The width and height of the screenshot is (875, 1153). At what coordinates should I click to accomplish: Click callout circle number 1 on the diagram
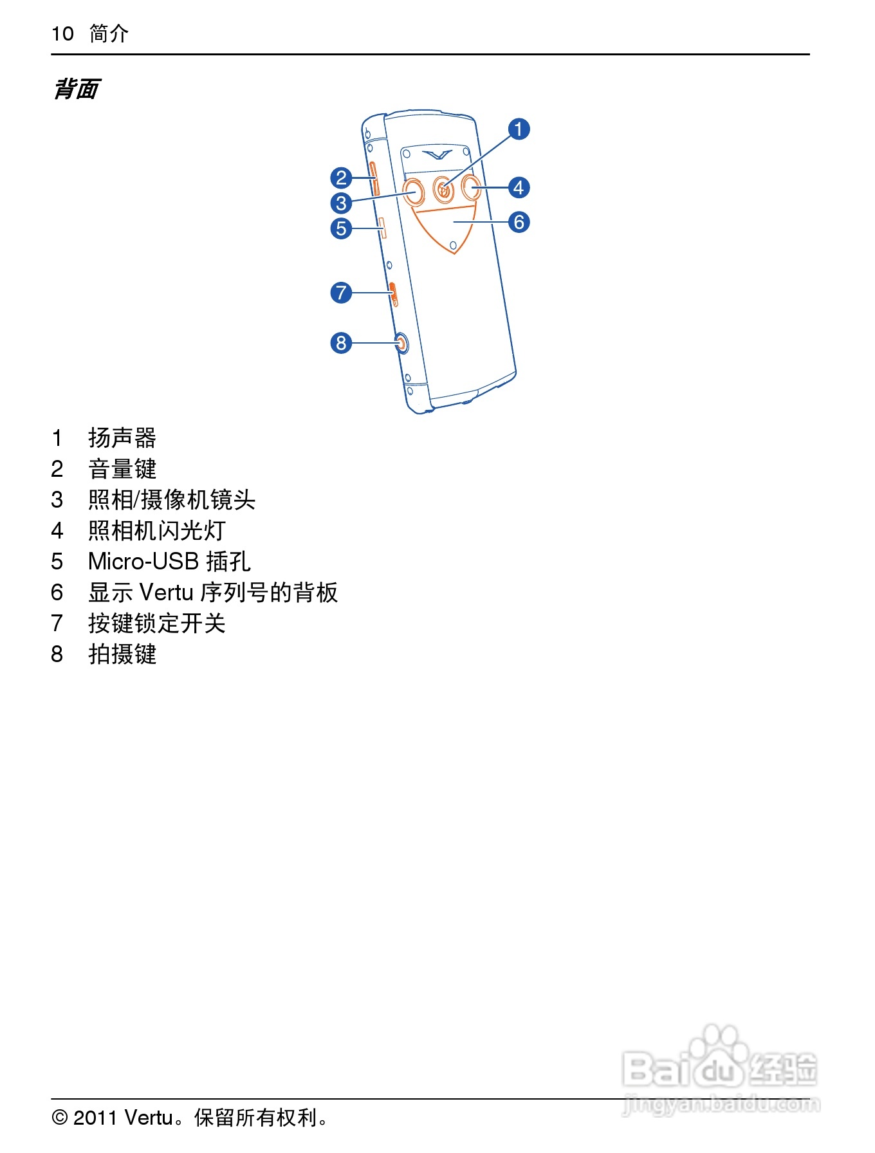coord(519,129)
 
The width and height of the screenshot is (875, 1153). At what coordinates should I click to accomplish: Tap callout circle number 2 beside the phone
coord(341,178)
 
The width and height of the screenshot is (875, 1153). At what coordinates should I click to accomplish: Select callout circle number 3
coord(341,203)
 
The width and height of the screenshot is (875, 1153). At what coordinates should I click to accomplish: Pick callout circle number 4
coord(519,188)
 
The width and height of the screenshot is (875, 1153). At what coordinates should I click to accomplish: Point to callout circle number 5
coord(341,228)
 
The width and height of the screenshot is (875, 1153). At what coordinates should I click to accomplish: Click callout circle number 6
coord(519,222)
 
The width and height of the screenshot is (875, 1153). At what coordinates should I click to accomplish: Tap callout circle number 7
coord(341,293)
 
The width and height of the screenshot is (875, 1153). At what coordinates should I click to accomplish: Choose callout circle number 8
coord(341,343)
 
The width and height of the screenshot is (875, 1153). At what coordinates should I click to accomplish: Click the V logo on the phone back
coord(438,154)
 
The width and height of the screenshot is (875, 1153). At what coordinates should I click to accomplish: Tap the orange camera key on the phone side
coord(401,344)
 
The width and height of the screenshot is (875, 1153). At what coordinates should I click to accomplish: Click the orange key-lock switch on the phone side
coord(394,293)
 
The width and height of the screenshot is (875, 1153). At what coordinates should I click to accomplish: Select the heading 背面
coord(76,89)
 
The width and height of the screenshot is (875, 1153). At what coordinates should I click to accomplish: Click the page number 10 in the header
coord(63,33)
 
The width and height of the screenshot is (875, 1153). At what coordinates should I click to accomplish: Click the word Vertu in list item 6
coord(166,593)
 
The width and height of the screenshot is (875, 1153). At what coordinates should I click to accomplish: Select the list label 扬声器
coord(122,438)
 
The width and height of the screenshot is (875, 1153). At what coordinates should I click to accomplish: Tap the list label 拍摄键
coord(122,654)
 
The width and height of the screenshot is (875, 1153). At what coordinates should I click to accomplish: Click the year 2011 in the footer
coord(95,1118)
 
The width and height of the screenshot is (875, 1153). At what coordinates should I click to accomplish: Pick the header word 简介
coord(109,33)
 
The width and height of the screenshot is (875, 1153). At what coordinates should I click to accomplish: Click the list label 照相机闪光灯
coord(157,531)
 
